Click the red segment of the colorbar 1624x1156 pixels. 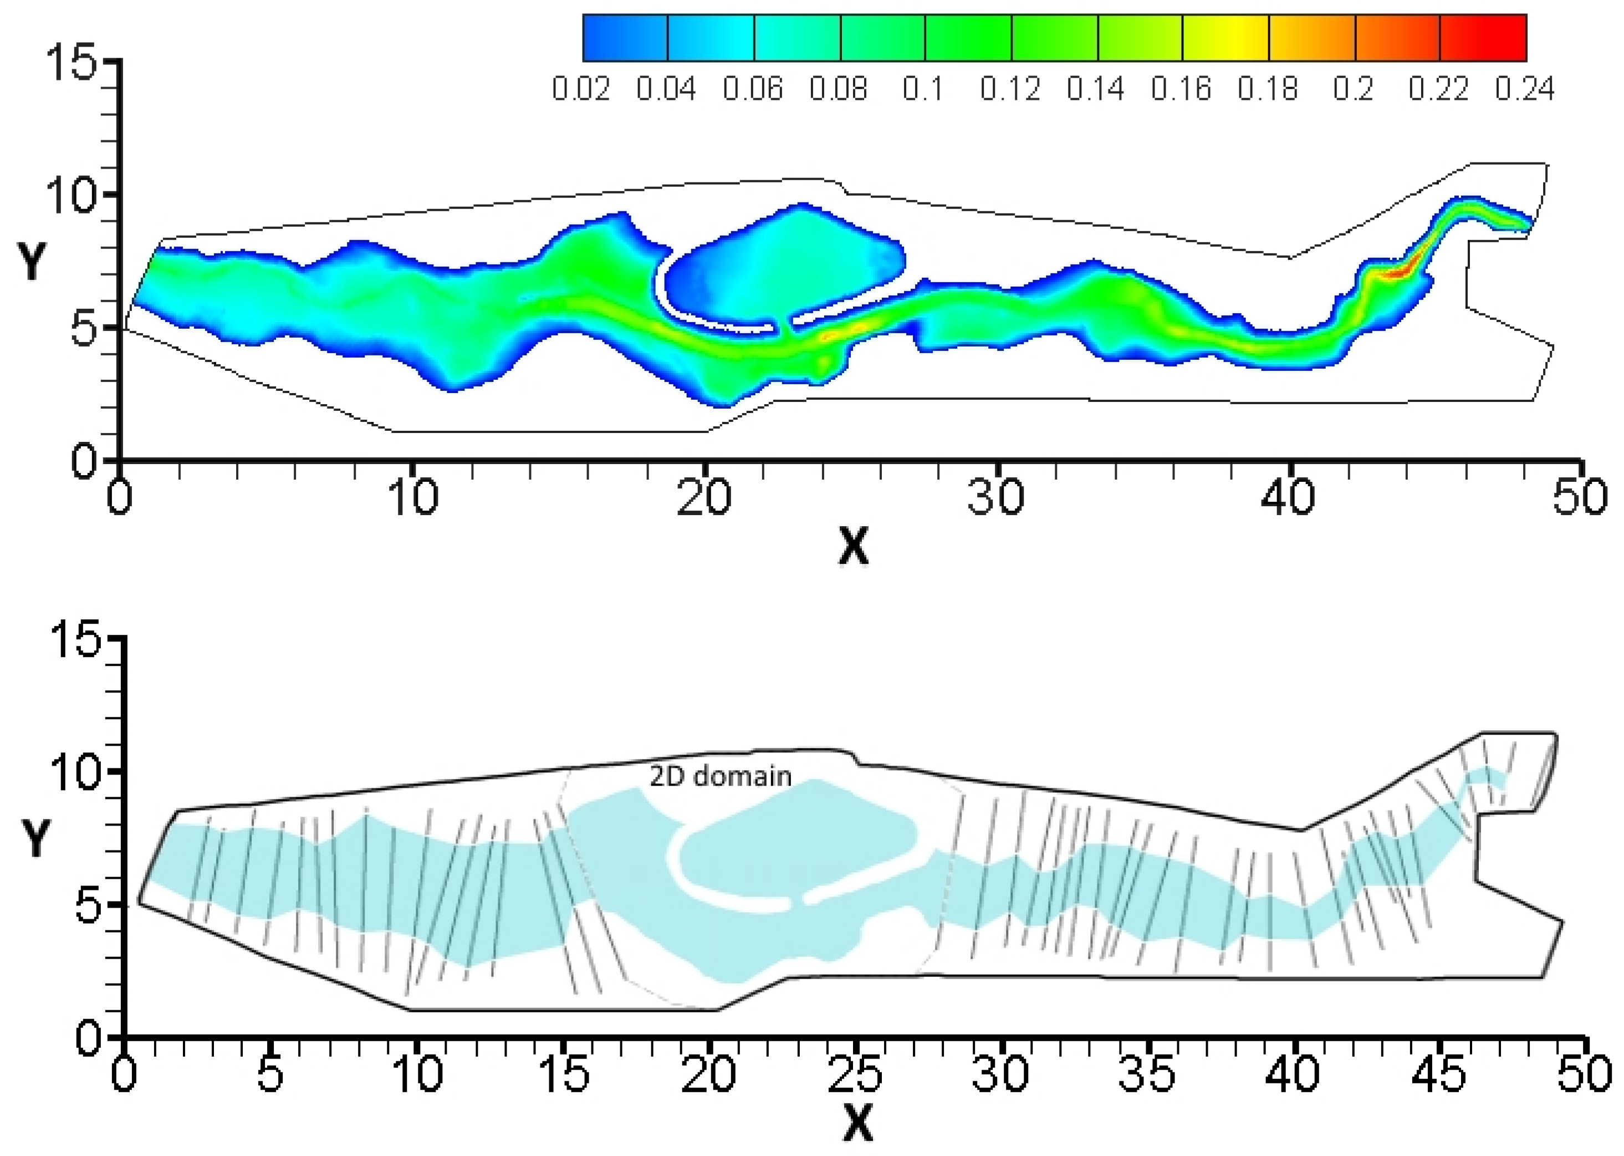click(1483, 38)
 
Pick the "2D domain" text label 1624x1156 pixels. click(720, 776)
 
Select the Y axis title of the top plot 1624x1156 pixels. click(33, 261)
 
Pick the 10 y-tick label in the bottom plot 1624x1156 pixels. click(74, 772)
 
